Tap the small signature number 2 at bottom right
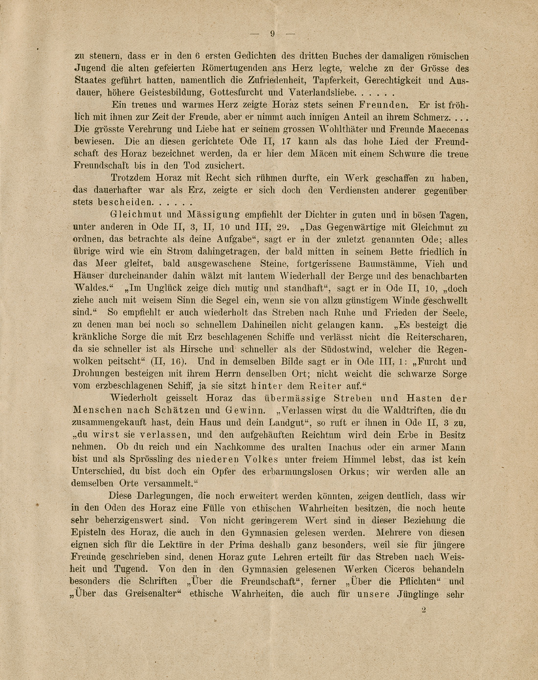(x=424, y=610)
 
